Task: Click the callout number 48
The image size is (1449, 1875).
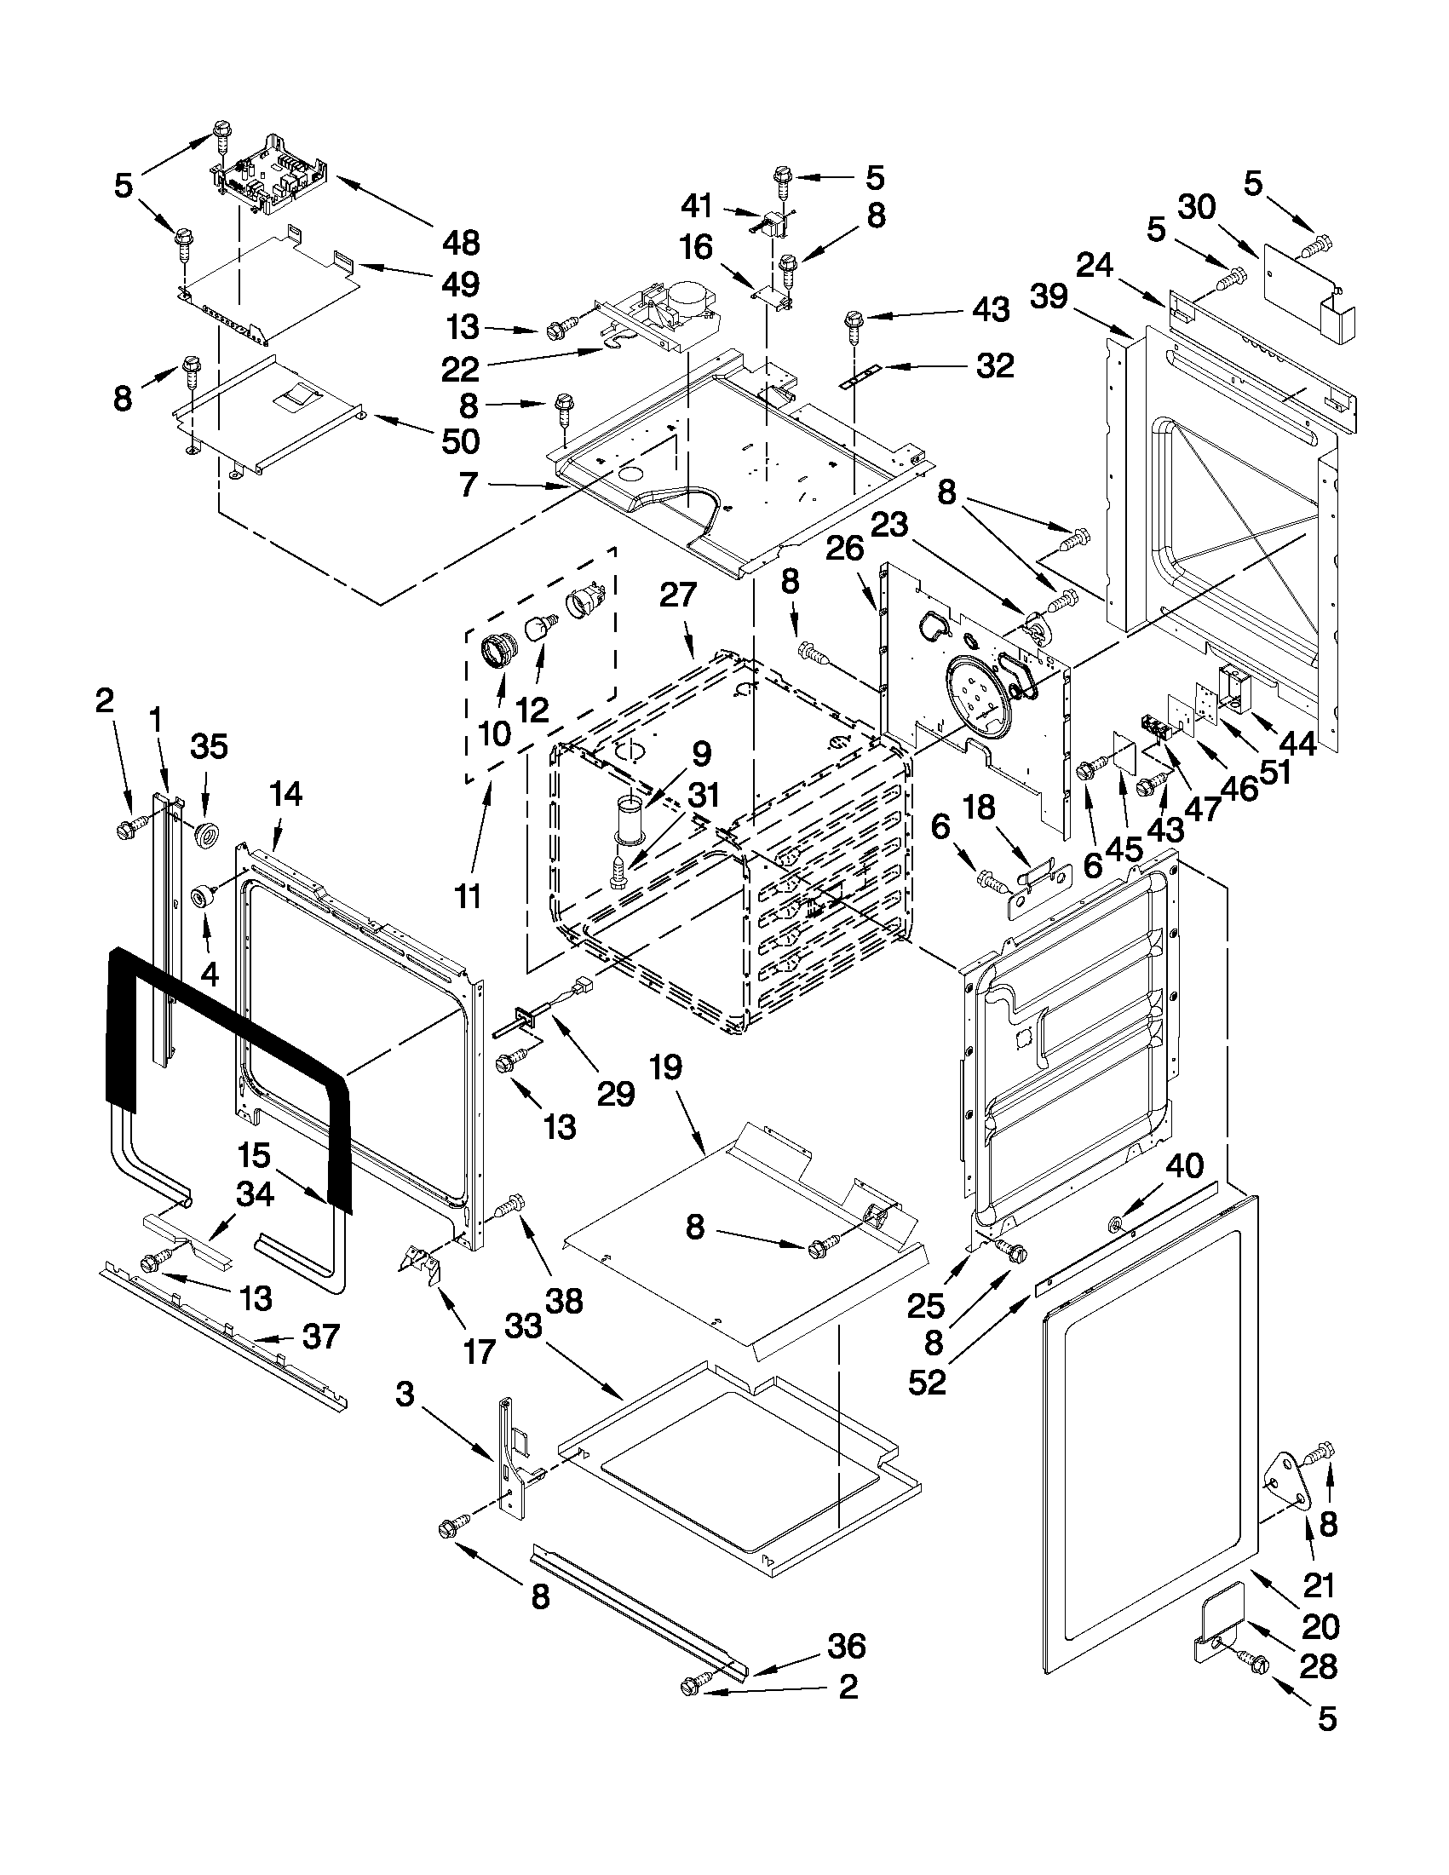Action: tap(461, 243)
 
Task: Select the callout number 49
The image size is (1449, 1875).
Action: tap(461, 285)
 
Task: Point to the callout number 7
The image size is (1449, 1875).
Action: tap(469, 485)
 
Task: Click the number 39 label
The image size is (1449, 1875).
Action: tap(1049, 297)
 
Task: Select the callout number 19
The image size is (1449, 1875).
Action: tap(666, 1067)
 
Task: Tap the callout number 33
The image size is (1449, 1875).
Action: tap(524, 1326)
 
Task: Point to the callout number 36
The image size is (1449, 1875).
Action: tap(847, 1646)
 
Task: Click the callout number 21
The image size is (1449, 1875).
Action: tap(1320, 1585)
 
